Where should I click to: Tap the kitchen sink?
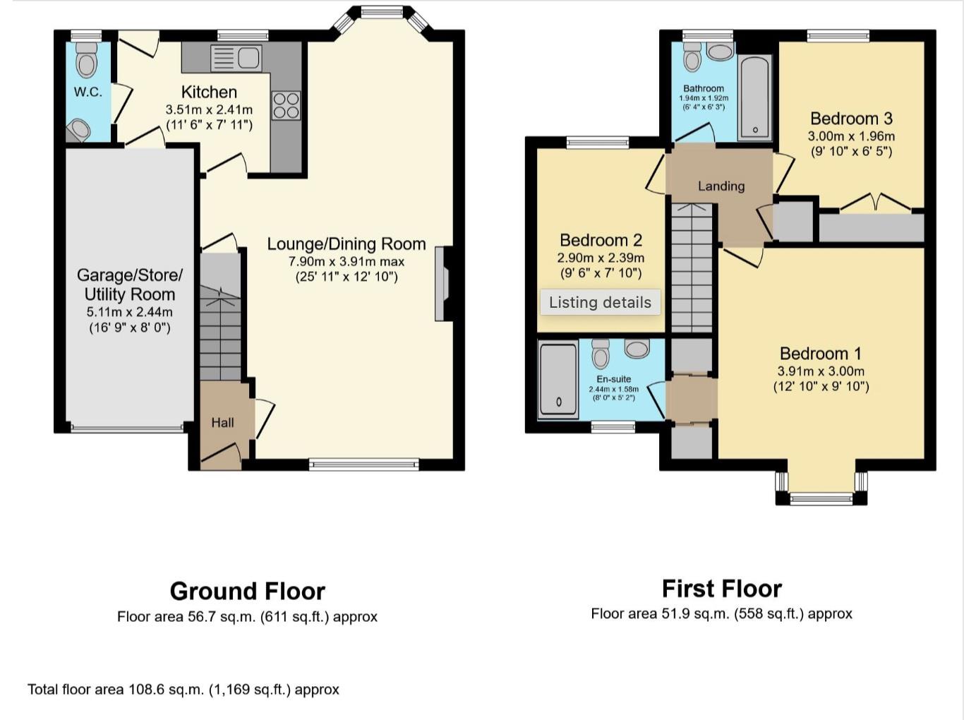236,57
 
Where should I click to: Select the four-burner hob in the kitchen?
286,105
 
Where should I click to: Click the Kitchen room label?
209,92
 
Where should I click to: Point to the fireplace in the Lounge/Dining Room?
442,283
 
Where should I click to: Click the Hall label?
222,423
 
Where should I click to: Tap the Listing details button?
600,302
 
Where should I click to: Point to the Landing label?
721,186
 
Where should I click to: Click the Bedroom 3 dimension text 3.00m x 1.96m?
851,136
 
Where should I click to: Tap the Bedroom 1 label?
821,353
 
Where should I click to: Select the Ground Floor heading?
247,591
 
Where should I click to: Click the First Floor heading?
721,589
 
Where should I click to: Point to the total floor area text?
183,690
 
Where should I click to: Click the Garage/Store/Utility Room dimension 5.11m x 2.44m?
129,311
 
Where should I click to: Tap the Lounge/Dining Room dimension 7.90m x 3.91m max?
346,261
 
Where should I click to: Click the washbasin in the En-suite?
637,348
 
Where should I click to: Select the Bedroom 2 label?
601,240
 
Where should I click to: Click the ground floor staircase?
220,318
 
